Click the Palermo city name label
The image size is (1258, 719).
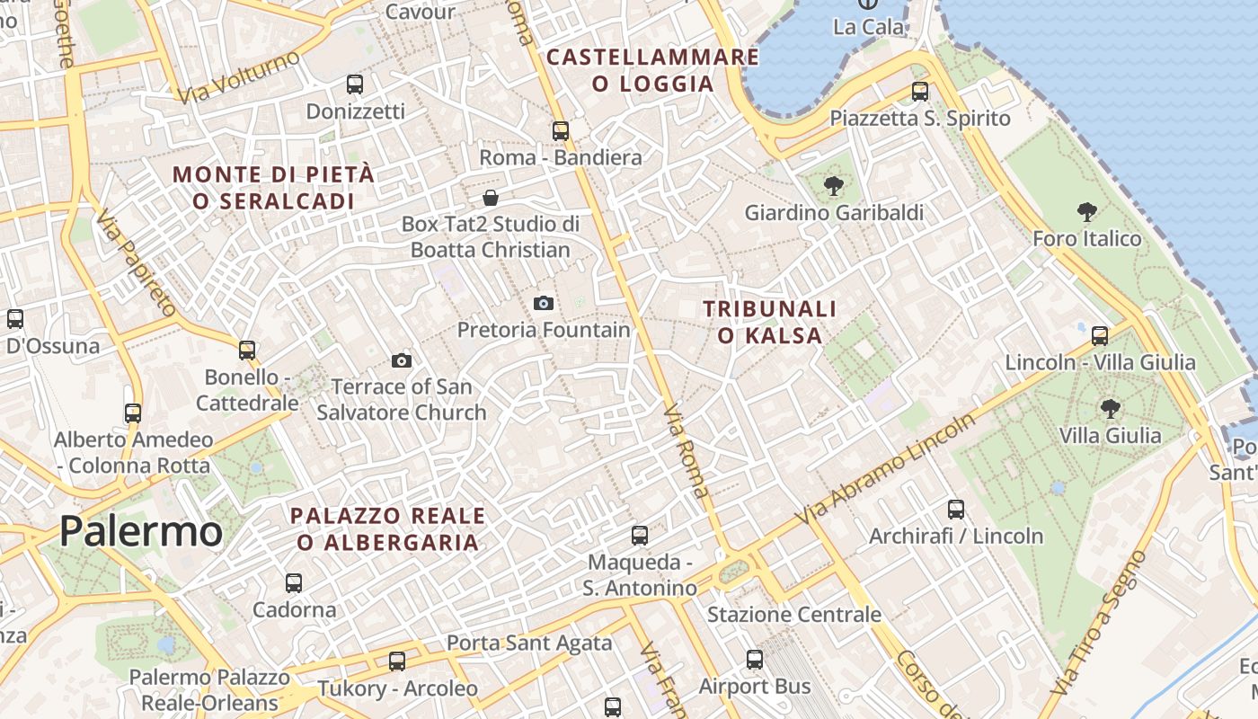(141, 532)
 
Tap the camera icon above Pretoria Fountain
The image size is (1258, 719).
(543, 303)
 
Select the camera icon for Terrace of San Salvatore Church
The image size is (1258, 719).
(402, 361)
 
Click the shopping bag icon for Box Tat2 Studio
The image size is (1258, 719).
(491, 198)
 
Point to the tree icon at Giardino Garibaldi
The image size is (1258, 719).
(834, 186)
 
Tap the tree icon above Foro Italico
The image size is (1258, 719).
(1087, 212)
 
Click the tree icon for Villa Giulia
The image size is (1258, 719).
(1111, 409)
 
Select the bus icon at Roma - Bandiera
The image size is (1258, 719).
(561, 131)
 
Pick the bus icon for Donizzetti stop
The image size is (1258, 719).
(355, 84)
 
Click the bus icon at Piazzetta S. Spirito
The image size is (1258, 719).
(919, 91)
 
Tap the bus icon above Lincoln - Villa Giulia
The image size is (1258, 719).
(1100, 336)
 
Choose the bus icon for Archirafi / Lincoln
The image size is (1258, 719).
(956, 510)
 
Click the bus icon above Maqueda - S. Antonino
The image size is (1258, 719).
(640, 536)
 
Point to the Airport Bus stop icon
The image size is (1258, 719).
(755, 660)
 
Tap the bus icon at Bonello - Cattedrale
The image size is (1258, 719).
(247, 350)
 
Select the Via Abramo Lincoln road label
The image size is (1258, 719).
(885, 470)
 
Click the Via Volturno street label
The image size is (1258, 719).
(238, 76)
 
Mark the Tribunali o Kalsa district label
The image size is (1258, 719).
(769, 322)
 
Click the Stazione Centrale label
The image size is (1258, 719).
(794, 615)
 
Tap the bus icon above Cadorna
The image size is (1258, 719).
(294, 582)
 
